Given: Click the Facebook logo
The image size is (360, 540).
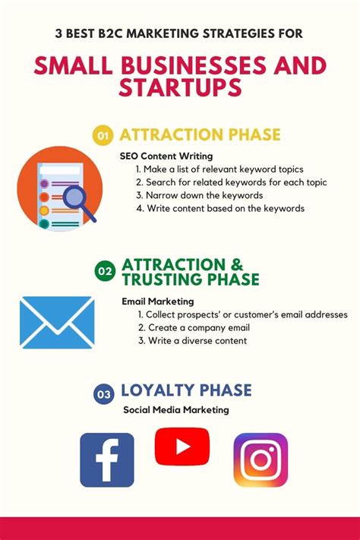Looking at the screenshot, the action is tap(107, 459).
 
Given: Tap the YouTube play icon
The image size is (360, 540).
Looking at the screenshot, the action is tap(182, 447).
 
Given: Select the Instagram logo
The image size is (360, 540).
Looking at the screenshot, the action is tap(261, 459).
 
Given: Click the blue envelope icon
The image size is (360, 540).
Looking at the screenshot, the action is tap(57, 322).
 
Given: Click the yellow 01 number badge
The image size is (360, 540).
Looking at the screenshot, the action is tap(103, 135).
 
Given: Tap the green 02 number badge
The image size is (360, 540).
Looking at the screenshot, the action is tap(105, 271).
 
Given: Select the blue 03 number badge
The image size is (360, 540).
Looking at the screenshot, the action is tap(103, 393).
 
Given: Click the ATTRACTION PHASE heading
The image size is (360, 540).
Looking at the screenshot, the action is tap(200, 134).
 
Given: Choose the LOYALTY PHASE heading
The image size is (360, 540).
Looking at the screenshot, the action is tap(186, 390).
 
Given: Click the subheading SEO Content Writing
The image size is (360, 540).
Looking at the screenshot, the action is tap(166, 156).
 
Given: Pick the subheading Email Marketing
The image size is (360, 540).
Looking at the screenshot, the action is tap(158, 302).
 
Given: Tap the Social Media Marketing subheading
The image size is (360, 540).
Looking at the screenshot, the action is tap(176, 410).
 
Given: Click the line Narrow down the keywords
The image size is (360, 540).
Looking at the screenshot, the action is tap(200, 195).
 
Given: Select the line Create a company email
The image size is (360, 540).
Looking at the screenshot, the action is tap(194, 327).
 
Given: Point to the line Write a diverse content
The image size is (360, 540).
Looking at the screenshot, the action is tap(193, 340).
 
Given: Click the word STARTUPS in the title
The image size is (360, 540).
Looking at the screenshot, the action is tap(180, 87).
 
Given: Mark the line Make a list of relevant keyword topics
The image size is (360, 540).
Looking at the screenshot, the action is tap(219, 169).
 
